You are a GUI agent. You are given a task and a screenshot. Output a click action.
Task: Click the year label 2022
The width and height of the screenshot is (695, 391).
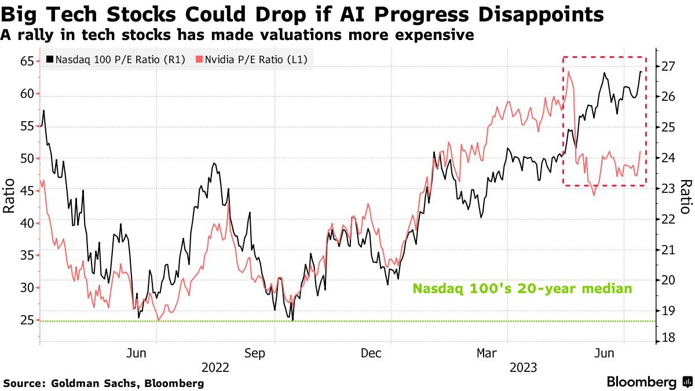coord(215,367)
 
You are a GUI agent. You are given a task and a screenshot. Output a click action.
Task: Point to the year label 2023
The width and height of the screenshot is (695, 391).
coord(524,367)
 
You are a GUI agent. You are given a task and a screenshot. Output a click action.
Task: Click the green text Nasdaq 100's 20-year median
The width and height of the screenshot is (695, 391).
coord(522,288)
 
